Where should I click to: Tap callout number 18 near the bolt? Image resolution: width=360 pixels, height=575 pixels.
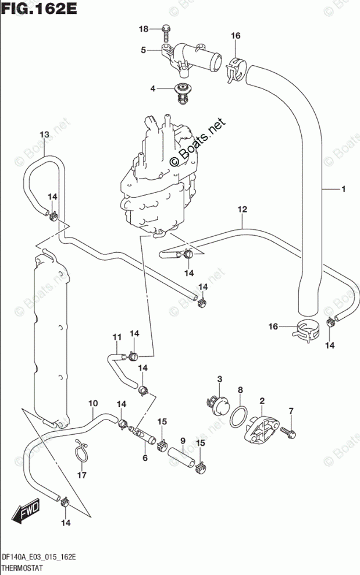tap(144, 29)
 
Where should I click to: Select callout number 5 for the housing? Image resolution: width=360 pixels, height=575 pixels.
tap(143, 51)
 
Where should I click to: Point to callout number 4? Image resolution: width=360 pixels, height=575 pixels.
tap(153, 89)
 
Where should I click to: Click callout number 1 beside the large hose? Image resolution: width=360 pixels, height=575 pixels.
tap(344, 189)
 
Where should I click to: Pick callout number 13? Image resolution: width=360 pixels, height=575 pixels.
tap(44, 135)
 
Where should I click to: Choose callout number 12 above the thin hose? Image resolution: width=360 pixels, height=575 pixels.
tap(243, 209)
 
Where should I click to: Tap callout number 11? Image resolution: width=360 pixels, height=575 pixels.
tap(116, 337)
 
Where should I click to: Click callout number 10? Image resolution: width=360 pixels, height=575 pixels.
tap(92, 403)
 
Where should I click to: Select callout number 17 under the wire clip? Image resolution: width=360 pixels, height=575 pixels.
tap(81, 475)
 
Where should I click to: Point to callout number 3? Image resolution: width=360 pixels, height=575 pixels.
tap(220, 380)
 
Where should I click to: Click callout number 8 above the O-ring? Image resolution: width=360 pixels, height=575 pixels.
tap(240, 389)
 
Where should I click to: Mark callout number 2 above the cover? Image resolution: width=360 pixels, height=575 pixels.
tap(262, 400)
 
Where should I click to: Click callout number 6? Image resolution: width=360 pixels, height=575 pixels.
tap(145, 458)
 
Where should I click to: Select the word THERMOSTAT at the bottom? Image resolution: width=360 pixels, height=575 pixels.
tap(22, 567)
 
